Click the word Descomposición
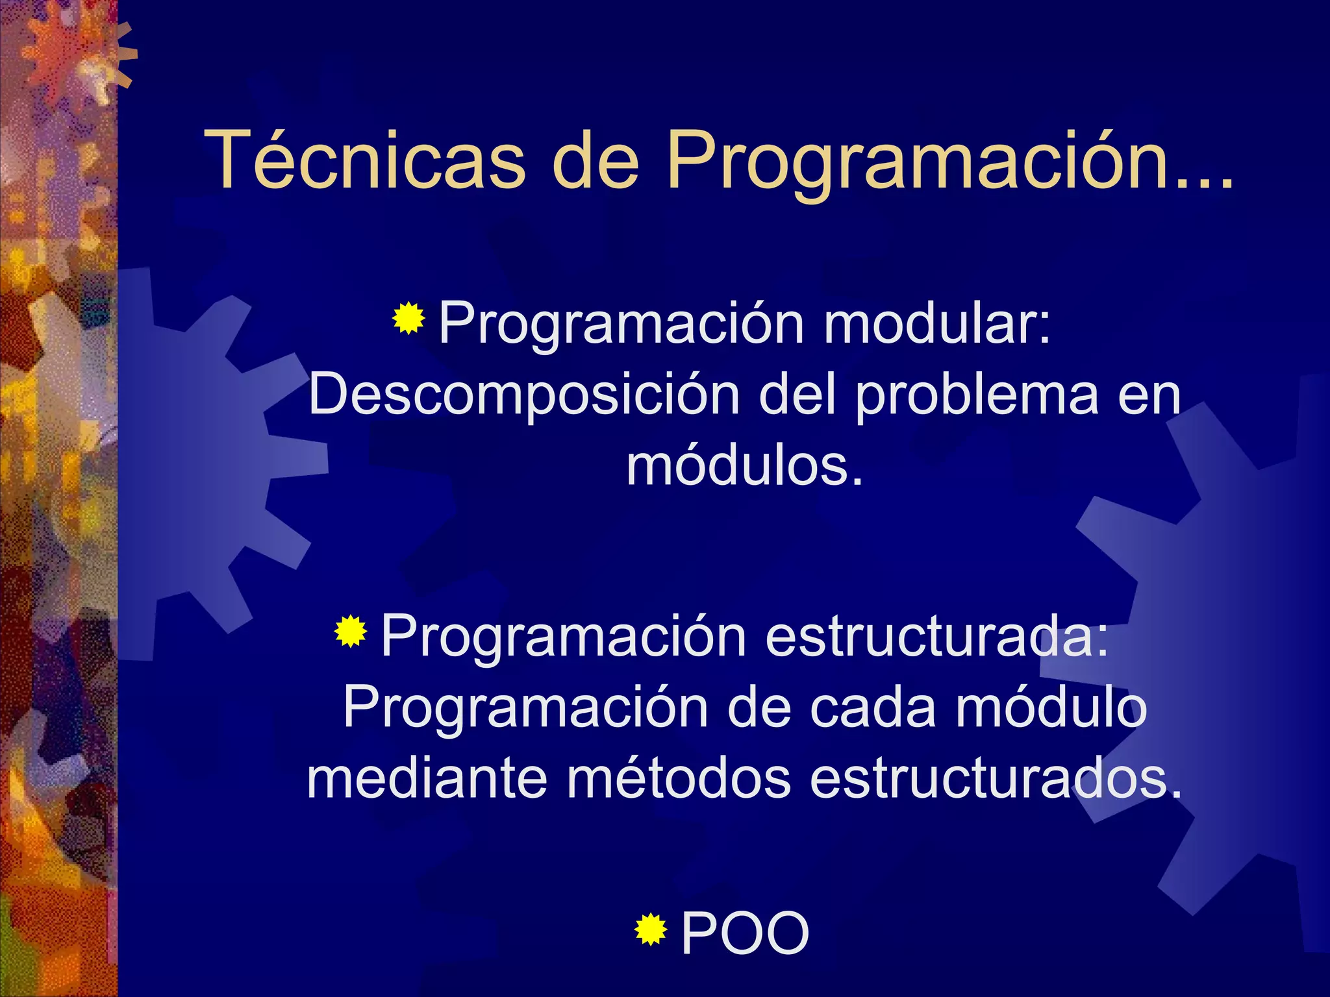[x=524, y=395]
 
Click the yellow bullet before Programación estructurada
[x=351, y=631]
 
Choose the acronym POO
[x=745, y=933]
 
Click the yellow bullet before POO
[x=650, y=929]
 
